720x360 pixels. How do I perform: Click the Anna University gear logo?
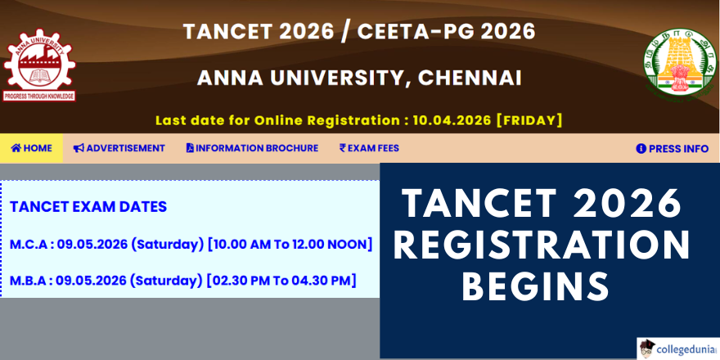[x=39, y=65]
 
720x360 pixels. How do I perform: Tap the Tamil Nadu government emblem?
[x=680, y=63]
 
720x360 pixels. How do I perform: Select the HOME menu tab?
[x=31, y=148]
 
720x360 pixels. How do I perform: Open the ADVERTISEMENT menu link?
[x=119, y=148]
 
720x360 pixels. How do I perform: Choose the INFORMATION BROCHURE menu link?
[x=252, y=148]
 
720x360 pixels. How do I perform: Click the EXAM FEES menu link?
[x=369, y=148]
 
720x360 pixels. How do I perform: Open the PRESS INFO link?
[x=673, y=149]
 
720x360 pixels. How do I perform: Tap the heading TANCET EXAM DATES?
[x=88, y=207]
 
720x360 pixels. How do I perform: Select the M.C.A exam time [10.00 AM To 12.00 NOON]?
[x=290, y=245]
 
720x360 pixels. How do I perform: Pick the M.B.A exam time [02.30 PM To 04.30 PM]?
[x=281, y=280]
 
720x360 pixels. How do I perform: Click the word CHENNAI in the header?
[x=470, y=78]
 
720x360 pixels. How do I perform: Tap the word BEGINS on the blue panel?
[x=536, y=286]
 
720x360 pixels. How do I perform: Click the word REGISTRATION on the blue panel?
[x=542, y=245]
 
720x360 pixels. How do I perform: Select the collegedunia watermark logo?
[x=677, y=349]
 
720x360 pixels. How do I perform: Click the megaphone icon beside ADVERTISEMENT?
[x=79, y=148]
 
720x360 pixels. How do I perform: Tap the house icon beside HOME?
[x=16, y=148]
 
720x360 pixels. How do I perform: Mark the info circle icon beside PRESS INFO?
[x=641, y=149]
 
